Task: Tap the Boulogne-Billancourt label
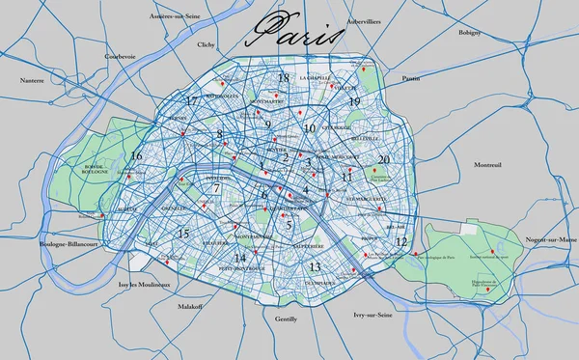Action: [x=67, y=246]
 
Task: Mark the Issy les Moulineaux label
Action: [x=143, y=285]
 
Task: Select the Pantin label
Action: [x=411, y=77]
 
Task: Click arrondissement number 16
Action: [x=136, y=155]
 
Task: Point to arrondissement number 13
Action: [x=315, y=266]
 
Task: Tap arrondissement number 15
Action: [x=183, y=234]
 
